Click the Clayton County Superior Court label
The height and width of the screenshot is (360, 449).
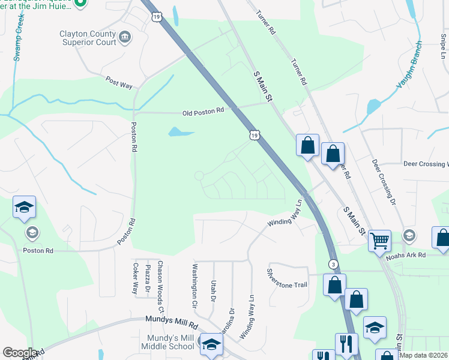tap(88, 38)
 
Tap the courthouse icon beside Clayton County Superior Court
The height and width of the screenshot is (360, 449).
tap(125, 38)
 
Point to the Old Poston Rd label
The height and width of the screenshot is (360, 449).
tap(203, 111)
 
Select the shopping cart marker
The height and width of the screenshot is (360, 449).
tap(379, 241)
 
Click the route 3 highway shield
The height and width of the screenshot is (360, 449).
tap(332, 264)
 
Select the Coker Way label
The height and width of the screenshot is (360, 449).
tap(135, 278)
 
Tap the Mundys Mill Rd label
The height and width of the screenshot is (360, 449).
tap(171, 323)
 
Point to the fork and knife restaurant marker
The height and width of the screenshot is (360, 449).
tap(346, 344)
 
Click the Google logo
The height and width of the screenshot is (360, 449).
tap(20, 353)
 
